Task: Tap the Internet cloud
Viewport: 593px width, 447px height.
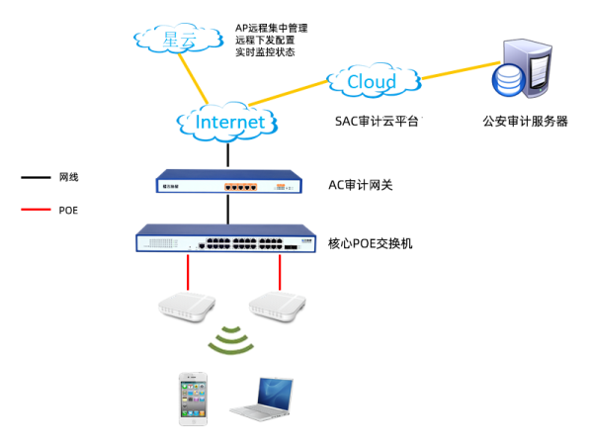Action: point(228,122)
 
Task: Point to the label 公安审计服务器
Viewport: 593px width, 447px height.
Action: point(524,122)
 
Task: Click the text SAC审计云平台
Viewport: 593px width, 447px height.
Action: point(379,122)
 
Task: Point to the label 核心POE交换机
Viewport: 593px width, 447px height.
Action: point(371,241)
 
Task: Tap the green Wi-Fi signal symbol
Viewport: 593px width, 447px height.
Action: point(232,339)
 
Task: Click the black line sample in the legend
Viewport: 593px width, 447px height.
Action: point(37,178)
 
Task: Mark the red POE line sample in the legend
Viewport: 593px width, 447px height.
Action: point(37,210)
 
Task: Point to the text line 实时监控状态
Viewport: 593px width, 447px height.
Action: point(264,51)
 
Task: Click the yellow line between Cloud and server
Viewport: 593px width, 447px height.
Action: point(460,69)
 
